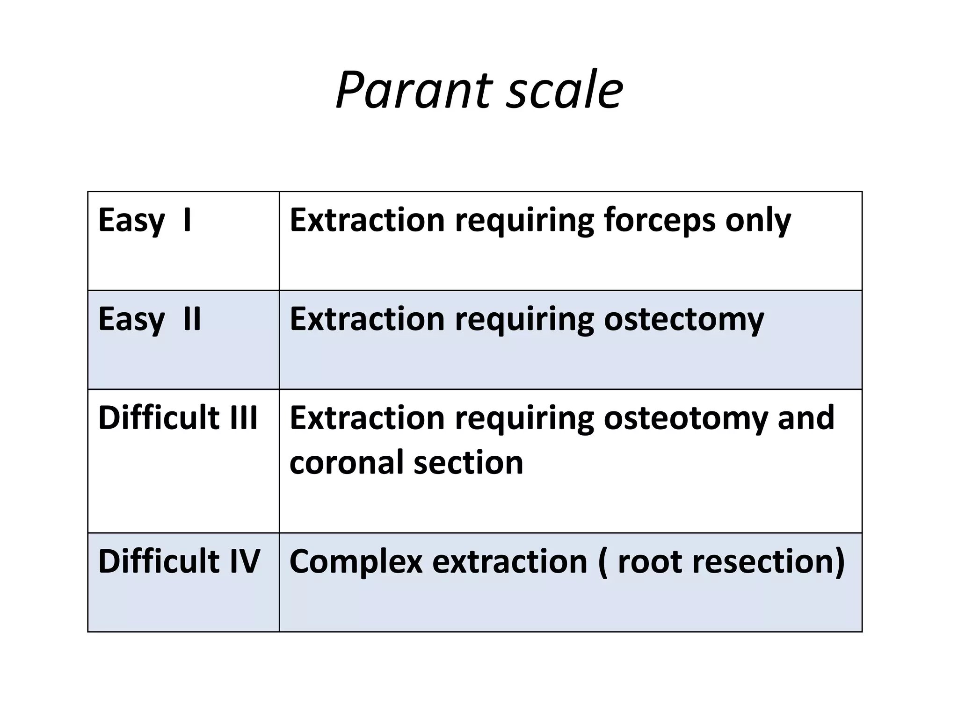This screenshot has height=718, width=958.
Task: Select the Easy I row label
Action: coord(145,220)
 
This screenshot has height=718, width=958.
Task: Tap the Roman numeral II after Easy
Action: coord(192,319)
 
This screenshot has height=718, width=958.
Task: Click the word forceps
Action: coord(659,220)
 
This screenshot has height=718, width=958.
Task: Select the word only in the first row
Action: coord(758,220)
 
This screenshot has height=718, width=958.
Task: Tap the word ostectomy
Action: coord(684,319)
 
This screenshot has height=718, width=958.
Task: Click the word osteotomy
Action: coord(685,417)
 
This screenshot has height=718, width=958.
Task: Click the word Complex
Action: coord(356,561)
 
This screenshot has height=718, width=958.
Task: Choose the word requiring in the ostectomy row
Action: coord(524,319)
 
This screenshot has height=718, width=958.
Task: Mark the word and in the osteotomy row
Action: coord(806,417)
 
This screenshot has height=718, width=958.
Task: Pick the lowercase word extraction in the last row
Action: coord(510,561)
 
